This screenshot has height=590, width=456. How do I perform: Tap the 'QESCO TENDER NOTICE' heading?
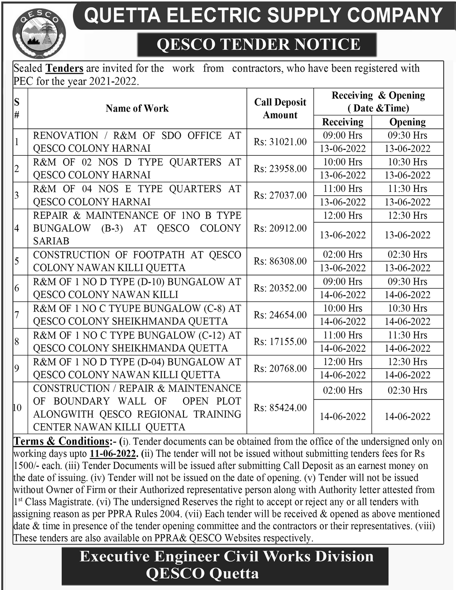[258, 45]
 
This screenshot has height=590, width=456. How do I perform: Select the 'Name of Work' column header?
[137, 108]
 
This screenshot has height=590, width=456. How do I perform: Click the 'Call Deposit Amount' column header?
[280, 108]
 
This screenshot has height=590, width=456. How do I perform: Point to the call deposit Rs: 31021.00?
[280, 142]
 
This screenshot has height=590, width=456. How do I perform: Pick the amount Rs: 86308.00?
[280, 261]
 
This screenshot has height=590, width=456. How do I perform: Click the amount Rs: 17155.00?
[280, 341]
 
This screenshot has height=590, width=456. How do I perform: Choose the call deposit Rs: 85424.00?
[280, 408]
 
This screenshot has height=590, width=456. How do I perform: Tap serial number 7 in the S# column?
[17, 315]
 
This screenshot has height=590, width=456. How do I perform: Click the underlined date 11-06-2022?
[113, 453]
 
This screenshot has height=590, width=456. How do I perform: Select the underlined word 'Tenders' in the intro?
[65, 69]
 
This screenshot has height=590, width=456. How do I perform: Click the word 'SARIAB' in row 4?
[51, 241]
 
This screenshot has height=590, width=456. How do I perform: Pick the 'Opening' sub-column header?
[407, 122]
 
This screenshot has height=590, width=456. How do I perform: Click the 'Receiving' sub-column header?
[343, 122]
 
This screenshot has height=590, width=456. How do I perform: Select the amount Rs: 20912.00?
[280, 228]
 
